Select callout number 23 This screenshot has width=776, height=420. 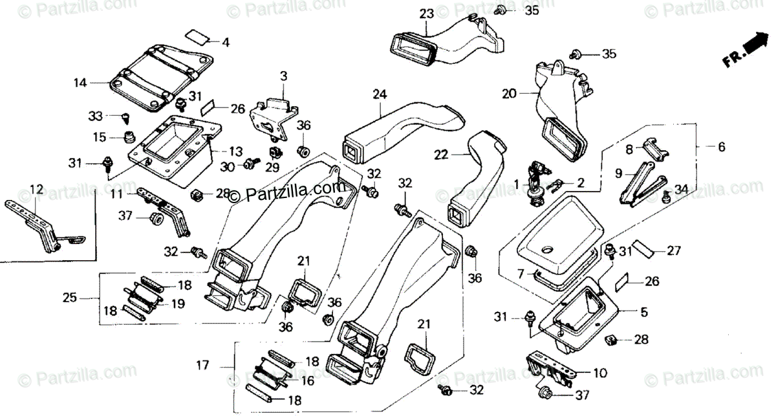[x=426, y=14]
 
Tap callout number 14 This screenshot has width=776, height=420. [x=80, y=83]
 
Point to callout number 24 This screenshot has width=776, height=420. [x=380, y=94]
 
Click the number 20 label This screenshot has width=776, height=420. [x=510, y=94]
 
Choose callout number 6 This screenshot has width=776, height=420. [x=722, y=147]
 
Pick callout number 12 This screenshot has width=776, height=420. [x=36, y=190]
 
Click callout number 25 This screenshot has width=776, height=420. [x=69, y=298]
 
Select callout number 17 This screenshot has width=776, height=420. [x=202, y=365]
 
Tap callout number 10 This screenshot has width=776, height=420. [x=600, y=373]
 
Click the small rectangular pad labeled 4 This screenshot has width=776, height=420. [x=197, y=36]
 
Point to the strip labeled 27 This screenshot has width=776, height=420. [x=643, y=249]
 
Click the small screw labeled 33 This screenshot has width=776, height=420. [x=125, y=118]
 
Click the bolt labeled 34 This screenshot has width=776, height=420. [x=665, y=197]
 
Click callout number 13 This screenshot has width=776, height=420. [x=235, y=151]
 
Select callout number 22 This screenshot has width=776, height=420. [x=441, y=155]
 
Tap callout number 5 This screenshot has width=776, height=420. [x=643, y=312]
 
